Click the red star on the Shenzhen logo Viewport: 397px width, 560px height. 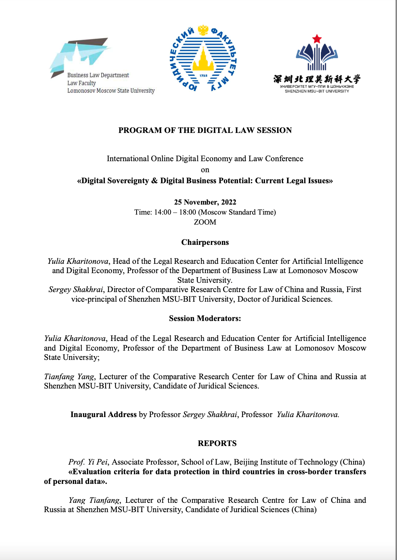click(317, 39)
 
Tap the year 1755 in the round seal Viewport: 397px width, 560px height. click(203, 75)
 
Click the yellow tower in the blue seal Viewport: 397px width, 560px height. click(203, 60)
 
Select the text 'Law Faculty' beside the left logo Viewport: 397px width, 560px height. click(82, 83)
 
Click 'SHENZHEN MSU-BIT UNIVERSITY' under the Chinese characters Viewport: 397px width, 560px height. click(317, 91)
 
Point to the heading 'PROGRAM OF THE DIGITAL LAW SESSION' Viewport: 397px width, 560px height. click(205, 130)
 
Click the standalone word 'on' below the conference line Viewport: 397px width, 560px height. click(205, 170)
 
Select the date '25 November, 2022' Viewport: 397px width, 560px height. click(205, 202)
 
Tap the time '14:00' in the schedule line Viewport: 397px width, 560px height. click(163, 212)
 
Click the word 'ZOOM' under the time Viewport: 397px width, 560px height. click(205, 222)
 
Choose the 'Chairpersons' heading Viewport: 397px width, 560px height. click(205, 242)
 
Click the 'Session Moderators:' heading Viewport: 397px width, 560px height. click(205, 319)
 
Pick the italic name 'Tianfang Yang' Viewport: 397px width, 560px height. click(69, 376)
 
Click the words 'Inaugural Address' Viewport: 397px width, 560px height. click(103, 414)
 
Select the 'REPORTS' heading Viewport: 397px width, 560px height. click(217, 443)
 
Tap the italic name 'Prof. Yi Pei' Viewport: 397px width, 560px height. click(88, 462)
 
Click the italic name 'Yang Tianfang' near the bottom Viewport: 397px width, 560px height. click(94, 500)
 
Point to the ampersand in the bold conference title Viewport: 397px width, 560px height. click(154, 181)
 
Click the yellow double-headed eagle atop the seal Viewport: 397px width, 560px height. click(203, 30)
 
